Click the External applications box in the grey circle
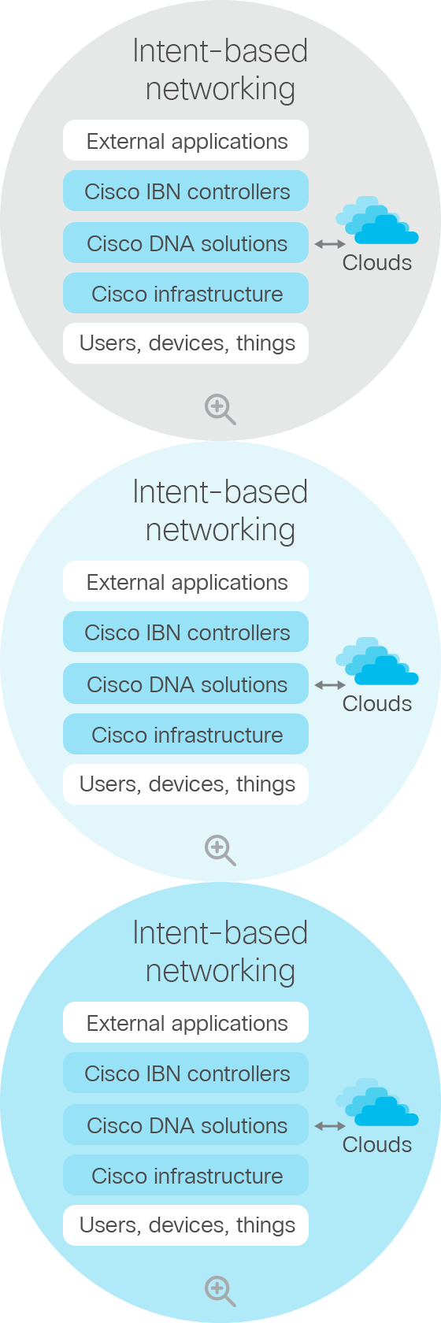[186, 140]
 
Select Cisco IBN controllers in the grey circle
[186, 191]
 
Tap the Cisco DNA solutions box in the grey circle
[186, 243]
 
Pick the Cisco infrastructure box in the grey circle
[186, 293]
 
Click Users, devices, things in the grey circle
[186, 343]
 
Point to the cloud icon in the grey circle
[377, 220]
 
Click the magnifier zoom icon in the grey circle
[220, 409]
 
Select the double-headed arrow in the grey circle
[330, 244]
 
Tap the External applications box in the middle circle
[186, 582]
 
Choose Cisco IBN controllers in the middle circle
[186, 632]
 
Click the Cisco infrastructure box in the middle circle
[186, 734]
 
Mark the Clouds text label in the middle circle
[377, 703]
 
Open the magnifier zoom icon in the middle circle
[220, 850]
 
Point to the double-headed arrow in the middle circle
[330, 685]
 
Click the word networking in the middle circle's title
[220, 531]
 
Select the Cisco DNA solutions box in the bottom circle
[186, 1125]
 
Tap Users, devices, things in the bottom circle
[186, 1225]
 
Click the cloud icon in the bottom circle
[377, 1102]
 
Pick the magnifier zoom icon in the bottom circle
[220, 1291]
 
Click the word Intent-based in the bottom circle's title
[220, 933]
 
